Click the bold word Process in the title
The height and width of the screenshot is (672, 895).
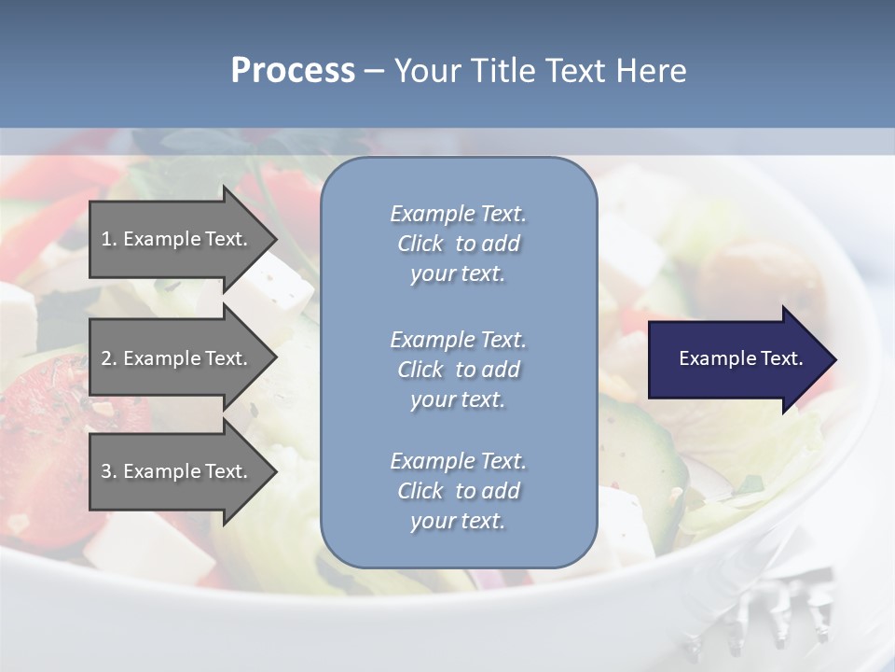click(293, 71)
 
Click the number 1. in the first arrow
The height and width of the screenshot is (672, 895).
click(108, 239)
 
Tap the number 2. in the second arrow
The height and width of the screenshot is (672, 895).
click(108, 358)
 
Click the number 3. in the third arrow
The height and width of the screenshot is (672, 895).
click(108, 471)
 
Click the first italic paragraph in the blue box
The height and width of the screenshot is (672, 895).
click(458, 244)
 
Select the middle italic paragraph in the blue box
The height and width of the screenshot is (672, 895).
click(458, 370)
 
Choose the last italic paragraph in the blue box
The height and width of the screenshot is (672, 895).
click(458, 491)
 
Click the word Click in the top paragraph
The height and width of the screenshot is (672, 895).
click(420, 244)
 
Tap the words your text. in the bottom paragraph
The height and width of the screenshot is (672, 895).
click(458, 521)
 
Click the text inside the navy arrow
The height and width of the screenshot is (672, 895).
click(740, 358)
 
